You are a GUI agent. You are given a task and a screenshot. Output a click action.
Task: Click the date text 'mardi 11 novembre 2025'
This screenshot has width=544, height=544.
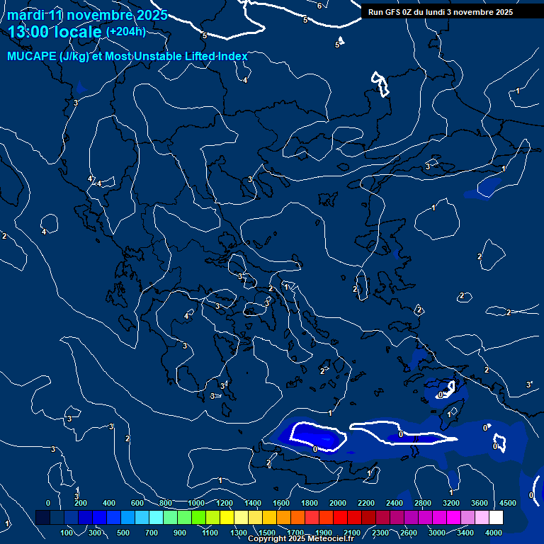[x=88, y=16]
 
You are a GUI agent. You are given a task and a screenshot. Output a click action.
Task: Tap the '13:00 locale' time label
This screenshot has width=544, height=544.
[x=55, y=32]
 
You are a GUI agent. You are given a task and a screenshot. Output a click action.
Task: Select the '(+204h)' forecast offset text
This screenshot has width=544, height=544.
[x=126, y=32]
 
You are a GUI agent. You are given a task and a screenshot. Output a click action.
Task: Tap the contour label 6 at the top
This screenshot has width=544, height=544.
[x=319, y=6]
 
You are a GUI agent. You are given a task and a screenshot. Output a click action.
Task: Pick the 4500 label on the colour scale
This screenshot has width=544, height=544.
[x=507, y=503]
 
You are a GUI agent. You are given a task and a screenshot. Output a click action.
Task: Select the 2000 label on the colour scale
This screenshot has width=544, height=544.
[x=338, y=503]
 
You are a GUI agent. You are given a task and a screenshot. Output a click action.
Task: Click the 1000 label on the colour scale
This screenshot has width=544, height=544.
[x=196, y=503]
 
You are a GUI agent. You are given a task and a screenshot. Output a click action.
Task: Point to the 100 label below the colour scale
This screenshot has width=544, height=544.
[x=67, y=533]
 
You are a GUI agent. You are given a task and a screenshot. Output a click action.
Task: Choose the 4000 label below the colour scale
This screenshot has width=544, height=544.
[x=494, y=533]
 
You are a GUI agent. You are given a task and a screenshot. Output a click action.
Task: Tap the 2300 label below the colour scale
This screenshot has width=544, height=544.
[x=380, y=533]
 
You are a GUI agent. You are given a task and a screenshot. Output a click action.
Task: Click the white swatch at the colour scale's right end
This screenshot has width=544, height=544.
[x=496, y=518]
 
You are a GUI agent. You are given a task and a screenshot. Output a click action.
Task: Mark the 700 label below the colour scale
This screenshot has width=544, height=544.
[x=152, y=533]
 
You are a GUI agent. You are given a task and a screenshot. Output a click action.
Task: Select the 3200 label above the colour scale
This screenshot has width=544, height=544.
[x=451, y=503]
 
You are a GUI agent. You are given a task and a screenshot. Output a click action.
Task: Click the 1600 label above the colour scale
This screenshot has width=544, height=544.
[x=281, y=503]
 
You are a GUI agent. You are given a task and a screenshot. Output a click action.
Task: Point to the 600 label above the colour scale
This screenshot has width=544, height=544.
[x=138, y=503]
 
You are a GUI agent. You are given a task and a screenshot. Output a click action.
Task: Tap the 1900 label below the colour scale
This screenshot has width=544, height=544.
[x=324, y=533]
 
